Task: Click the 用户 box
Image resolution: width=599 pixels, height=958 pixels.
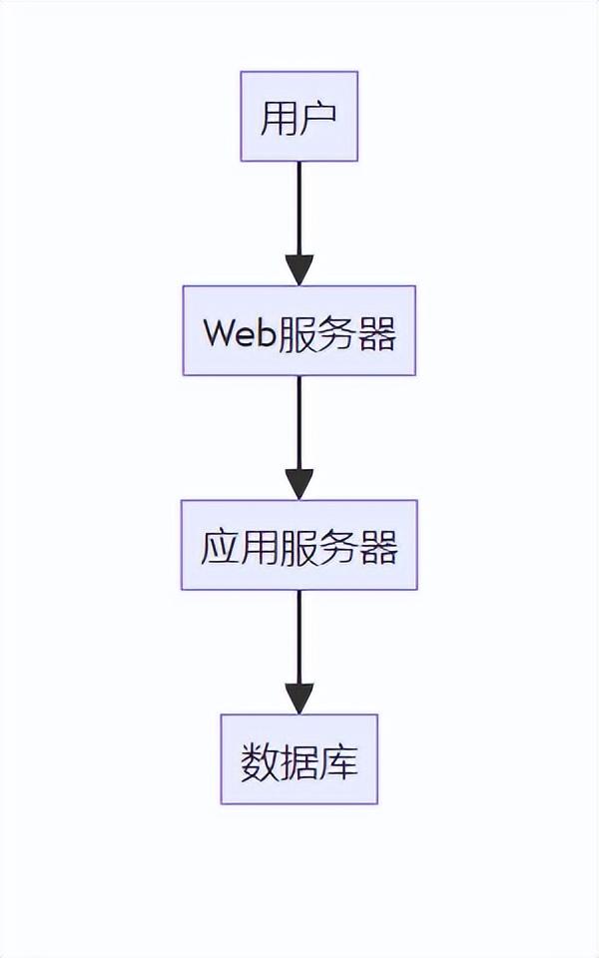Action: (299, 116)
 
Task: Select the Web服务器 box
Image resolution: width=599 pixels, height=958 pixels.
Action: (299, 331)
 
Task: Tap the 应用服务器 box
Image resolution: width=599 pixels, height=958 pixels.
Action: (299, 545)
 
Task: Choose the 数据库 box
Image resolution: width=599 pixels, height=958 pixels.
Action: (299, 759)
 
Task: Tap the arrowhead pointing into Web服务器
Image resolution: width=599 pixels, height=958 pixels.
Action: (299, 270)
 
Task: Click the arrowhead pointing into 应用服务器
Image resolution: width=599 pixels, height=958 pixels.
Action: (299, 484)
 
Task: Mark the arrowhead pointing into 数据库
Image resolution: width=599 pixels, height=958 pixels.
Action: (299, 699)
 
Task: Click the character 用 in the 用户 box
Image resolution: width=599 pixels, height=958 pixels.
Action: (279, 118)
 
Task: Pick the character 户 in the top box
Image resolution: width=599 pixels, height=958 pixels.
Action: (318, 118)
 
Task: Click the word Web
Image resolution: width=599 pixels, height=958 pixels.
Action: (239, 332)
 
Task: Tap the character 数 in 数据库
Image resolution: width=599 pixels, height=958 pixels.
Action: (260, 762)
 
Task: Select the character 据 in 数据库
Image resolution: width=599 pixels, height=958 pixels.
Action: (299, 762)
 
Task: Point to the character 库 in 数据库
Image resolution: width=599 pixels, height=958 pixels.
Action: (339, 762)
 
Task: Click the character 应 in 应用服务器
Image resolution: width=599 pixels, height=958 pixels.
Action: (220, 547)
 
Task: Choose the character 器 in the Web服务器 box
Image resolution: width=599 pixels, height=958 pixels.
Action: (377, 332)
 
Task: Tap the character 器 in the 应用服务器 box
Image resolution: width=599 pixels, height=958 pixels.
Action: (379, 547)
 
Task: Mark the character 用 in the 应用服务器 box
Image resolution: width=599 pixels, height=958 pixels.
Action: (260, 547)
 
